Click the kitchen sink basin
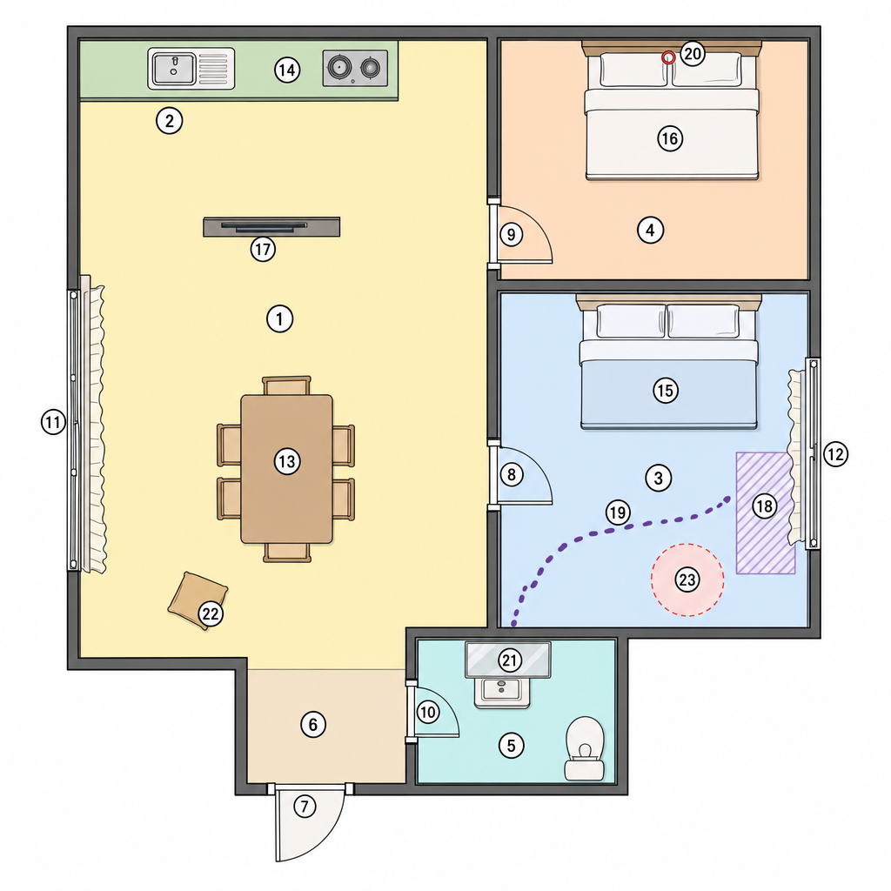pyautogui.click(x=174, y=68)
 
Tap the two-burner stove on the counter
pyautogui.click(x=355, y=68)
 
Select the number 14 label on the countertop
pyautogui.click(x=287, y=70)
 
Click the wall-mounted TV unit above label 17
pyautogui.click(x=271, y=227)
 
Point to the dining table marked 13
pyautogui.click(x=287, y=469)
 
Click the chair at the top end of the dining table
pyautogui.click(x=287, y=385)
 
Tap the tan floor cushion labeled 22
pyautogui.click(x=198, y=600)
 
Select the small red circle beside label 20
pyautogui.click(x=669, y=57)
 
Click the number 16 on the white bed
pyautogui.click(x=670, y=138)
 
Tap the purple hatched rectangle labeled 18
pyautogui.click(x=765, y=512)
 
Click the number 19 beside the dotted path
pyautogui.click(x=618, y=512)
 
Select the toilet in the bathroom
pyautogui.click(x=585, y=748)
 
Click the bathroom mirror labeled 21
pyautogui.click(x=508, y=660)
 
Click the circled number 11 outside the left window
pyautogui.click(x=53, y=422)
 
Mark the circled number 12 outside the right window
pyautogui.click(x=835, y=454)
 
